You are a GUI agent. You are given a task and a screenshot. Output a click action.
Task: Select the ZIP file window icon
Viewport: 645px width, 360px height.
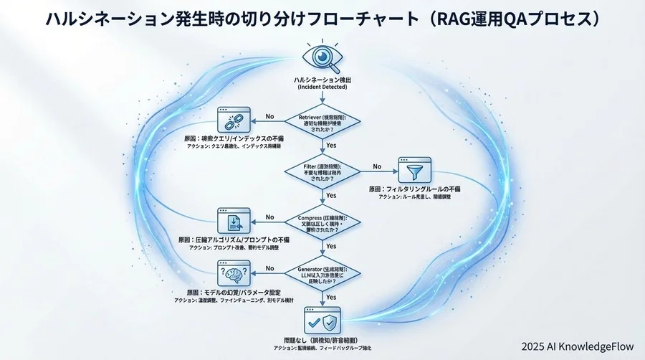233,221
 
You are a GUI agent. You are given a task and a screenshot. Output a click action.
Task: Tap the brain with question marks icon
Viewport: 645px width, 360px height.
233,274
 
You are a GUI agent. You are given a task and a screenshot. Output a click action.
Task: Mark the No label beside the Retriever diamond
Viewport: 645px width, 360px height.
269,115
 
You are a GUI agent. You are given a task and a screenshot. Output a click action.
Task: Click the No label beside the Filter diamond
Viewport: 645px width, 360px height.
377,167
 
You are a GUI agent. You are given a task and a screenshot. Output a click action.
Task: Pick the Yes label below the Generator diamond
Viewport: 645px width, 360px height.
331,296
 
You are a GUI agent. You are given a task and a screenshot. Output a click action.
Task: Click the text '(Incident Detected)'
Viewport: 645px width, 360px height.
321,87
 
